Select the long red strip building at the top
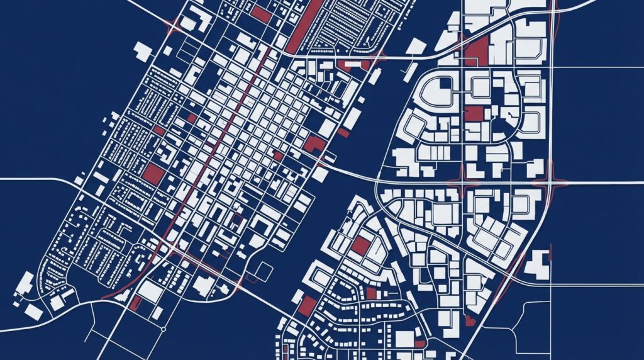pyautogui.click(x=304, y=25)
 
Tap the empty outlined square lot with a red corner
pyautogui.click(x=265, y=272)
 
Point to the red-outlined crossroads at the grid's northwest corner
pyautogui.click(x=172, y=26)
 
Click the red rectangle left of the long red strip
pyautogui.click(x=261, y=14)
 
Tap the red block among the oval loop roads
pyautogui.click(x=474, y=113)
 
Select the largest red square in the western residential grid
pyautogui.click(x=153, y=173)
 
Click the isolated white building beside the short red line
pyautogui.click(x=536, y=264)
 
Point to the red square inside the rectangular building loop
pyautogui.click(x=360, y=245)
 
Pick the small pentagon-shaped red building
pyautogui.click(x=469, y=321)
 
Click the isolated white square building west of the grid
pyautogui.click(x=143, y=52)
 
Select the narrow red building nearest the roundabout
pyautogui.click(x=135, y=303)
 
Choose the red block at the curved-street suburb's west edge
pyautogui.click(x=307, y=307)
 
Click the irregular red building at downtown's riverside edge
pyautogui.click(x=314, y=145)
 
